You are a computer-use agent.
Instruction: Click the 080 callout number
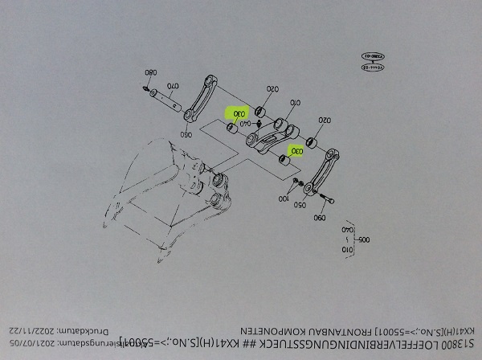(149, 69)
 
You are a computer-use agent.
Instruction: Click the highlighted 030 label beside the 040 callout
(239, 114)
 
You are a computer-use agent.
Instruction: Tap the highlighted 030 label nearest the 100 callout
(296, 150)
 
